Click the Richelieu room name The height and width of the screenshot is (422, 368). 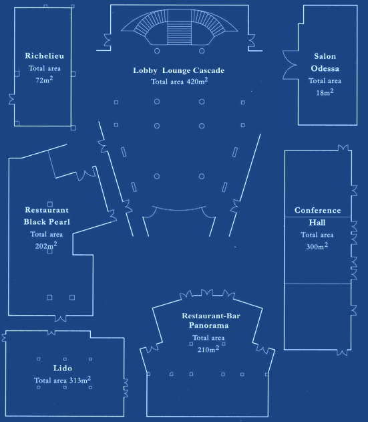pos(44,56)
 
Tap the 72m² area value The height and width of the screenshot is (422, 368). pos(44,80)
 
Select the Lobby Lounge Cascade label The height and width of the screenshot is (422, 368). pos(179,70)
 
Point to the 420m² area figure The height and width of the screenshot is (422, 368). pos(197,81)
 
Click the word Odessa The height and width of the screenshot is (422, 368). pos(325,68)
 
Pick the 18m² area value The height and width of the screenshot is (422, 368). pos(325,92)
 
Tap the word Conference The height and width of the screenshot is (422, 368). pos(318,210)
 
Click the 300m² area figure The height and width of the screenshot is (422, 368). pos(317,246)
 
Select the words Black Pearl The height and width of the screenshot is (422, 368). pos(47,222)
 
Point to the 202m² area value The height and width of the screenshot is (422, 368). pos(46,245)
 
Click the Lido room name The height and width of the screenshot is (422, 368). pos(63,368)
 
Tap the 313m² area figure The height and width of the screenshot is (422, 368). pos(80,380)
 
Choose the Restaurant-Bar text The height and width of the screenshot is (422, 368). pos(211,316)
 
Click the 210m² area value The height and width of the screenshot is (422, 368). pos(208,349)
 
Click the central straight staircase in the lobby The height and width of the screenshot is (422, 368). pos(179,33)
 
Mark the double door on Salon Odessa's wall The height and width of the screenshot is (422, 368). pos(291,65)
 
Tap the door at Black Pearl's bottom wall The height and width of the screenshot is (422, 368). pos(61,318)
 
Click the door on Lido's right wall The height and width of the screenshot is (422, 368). pos(126,388)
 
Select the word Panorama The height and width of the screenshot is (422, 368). pos(208,326)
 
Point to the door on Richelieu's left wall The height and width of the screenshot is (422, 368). pos(11,99)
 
